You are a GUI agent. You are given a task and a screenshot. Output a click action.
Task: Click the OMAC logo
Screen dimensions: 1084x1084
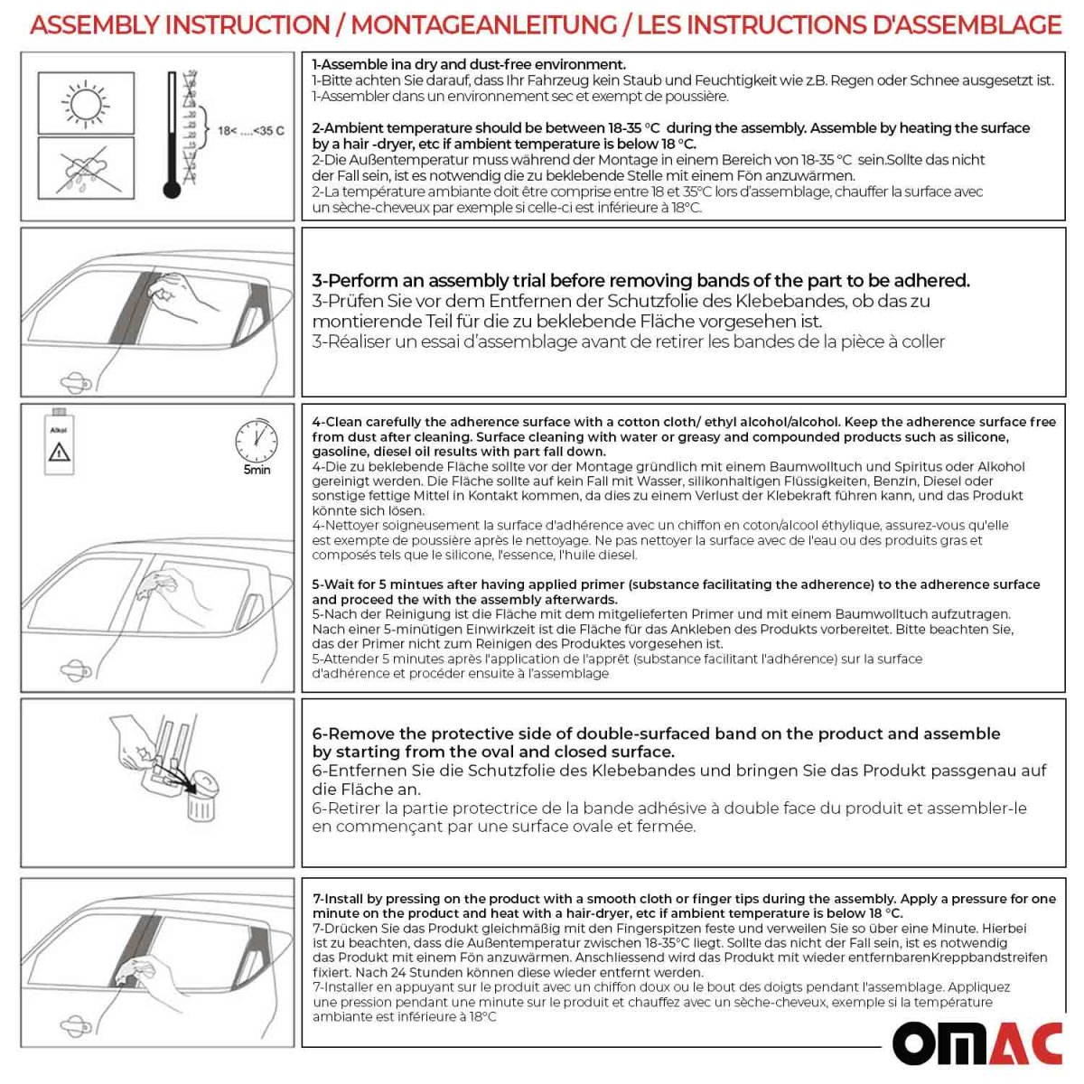[x=977, y=1042]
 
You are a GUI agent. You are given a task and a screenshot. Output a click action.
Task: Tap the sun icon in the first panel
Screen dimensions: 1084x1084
[x=86, y=104]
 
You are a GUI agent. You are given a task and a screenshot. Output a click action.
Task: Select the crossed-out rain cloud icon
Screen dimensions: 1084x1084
[x=86, y=168]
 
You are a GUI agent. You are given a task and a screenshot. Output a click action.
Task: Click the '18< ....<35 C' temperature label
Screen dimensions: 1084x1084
[x=250, y=131]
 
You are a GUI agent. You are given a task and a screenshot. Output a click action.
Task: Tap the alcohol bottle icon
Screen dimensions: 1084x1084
[x=59, y=444]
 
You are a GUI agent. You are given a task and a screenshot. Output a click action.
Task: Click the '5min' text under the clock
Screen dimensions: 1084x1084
[x=257, y=470]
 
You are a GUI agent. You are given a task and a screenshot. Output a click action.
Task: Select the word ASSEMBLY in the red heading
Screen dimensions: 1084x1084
[x=89, y=24]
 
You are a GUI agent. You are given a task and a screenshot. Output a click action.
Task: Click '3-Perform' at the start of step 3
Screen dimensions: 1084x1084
[x=351, y=281]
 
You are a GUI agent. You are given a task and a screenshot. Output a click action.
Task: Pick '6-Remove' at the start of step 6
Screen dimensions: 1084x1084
[x=352, y=734]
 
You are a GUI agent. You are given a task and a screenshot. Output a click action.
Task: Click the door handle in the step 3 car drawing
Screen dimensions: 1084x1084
[x=72, y=379]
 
